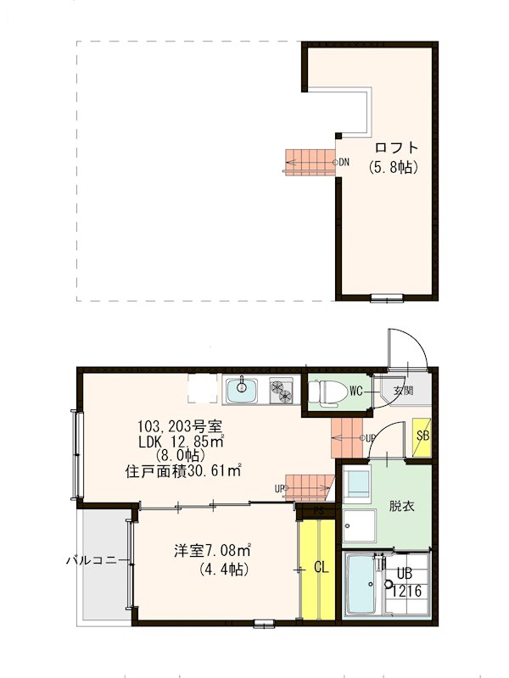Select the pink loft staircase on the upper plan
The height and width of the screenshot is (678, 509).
[x=310, y=161]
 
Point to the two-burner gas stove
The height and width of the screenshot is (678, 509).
[x=282, y=392]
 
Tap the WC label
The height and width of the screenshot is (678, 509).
[x=356, y=392]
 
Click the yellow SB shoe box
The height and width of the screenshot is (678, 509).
[x=421, y=437]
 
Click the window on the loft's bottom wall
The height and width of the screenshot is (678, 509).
[x=387, y=297]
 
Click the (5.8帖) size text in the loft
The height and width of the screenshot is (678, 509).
[x=393, y=168]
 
